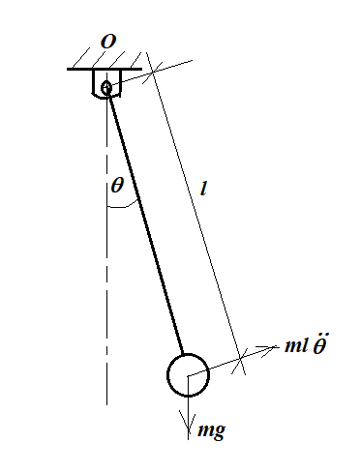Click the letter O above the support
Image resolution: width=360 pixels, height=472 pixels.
(108, 42)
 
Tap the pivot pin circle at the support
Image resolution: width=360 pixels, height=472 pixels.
(106, 87)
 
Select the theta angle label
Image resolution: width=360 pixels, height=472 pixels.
(117, 185)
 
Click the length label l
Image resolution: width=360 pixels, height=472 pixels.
(203, 189)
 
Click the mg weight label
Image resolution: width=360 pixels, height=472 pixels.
(211, 430)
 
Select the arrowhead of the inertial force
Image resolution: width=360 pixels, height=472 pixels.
(268, 349)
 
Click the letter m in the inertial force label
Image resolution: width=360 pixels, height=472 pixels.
(292, 346)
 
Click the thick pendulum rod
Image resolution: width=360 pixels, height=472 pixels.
(145, 222)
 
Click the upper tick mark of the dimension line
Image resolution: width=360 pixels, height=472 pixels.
(153, 72)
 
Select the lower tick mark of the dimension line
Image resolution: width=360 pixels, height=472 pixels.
(239, 361)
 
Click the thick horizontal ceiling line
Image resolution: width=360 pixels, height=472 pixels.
(105, 69)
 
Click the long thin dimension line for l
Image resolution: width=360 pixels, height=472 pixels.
(195, 214)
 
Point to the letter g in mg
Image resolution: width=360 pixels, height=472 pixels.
(219, 432)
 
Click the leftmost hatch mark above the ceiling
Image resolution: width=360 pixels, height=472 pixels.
(81, 58)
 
